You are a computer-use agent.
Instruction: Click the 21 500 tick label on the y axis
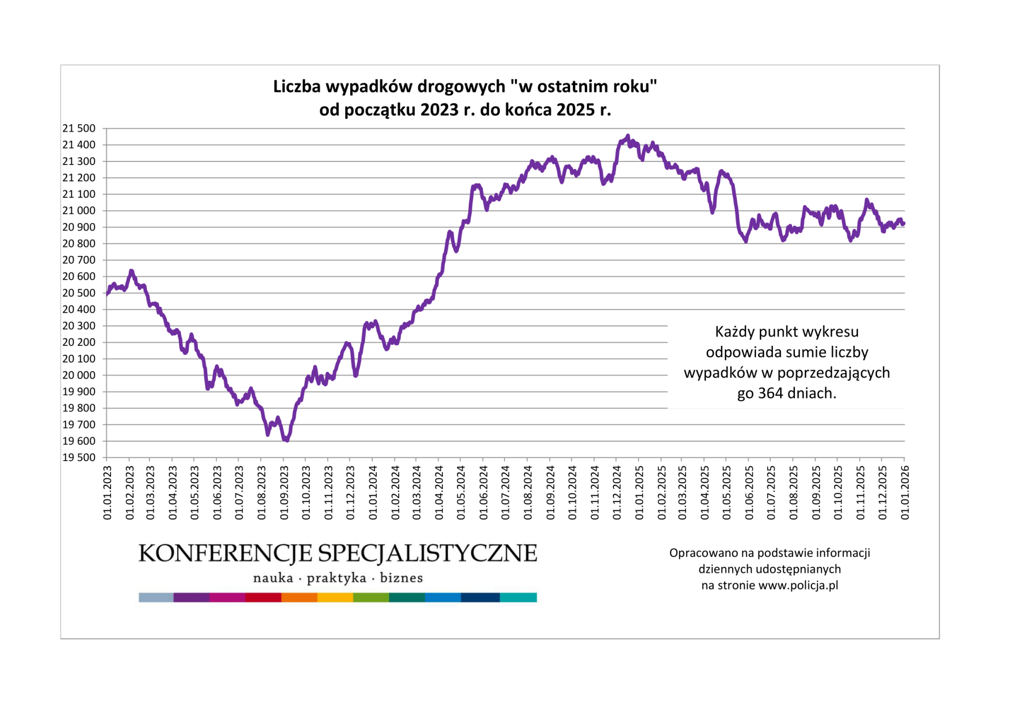pos(79,128)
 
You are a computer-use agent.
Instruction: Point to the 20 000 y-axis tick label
pos(79,375)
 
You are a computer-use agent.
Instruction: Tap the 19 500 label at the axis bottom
pos(79,457)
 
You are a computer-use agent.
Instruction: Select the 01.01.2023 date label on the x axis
pos(107,493)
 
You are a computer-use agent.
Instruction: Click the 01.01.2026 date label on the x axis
pos(905,493)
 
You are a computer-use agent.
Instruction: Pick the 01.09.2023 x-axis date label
pos(284,493)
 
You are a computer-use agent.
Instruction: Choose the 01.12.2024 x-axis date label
pos(617,493)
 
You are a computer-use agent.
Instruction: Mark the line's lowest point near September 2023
pos(287,440)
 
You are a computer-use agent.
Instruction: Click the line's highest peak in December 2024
pos(628,136)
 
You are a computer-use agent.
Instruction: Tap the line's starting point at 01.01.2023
pos(107,294)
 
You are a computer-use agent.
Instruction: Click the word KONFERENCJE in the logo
pos(225,554)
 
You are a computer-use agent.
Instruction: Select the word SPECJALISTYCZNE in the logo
pos(427,554)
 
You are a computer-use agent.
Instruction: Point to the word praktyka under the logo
pos(337,578)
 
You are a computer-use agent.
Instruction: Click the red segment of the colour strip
pos(263,597)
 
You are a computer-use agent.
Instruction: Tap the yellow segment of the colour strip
pos(335,597)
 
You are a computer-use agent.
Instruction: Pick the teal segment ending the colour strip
pos(518,597)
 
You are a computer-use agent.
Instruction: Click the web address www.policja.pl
pos(798,586)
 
